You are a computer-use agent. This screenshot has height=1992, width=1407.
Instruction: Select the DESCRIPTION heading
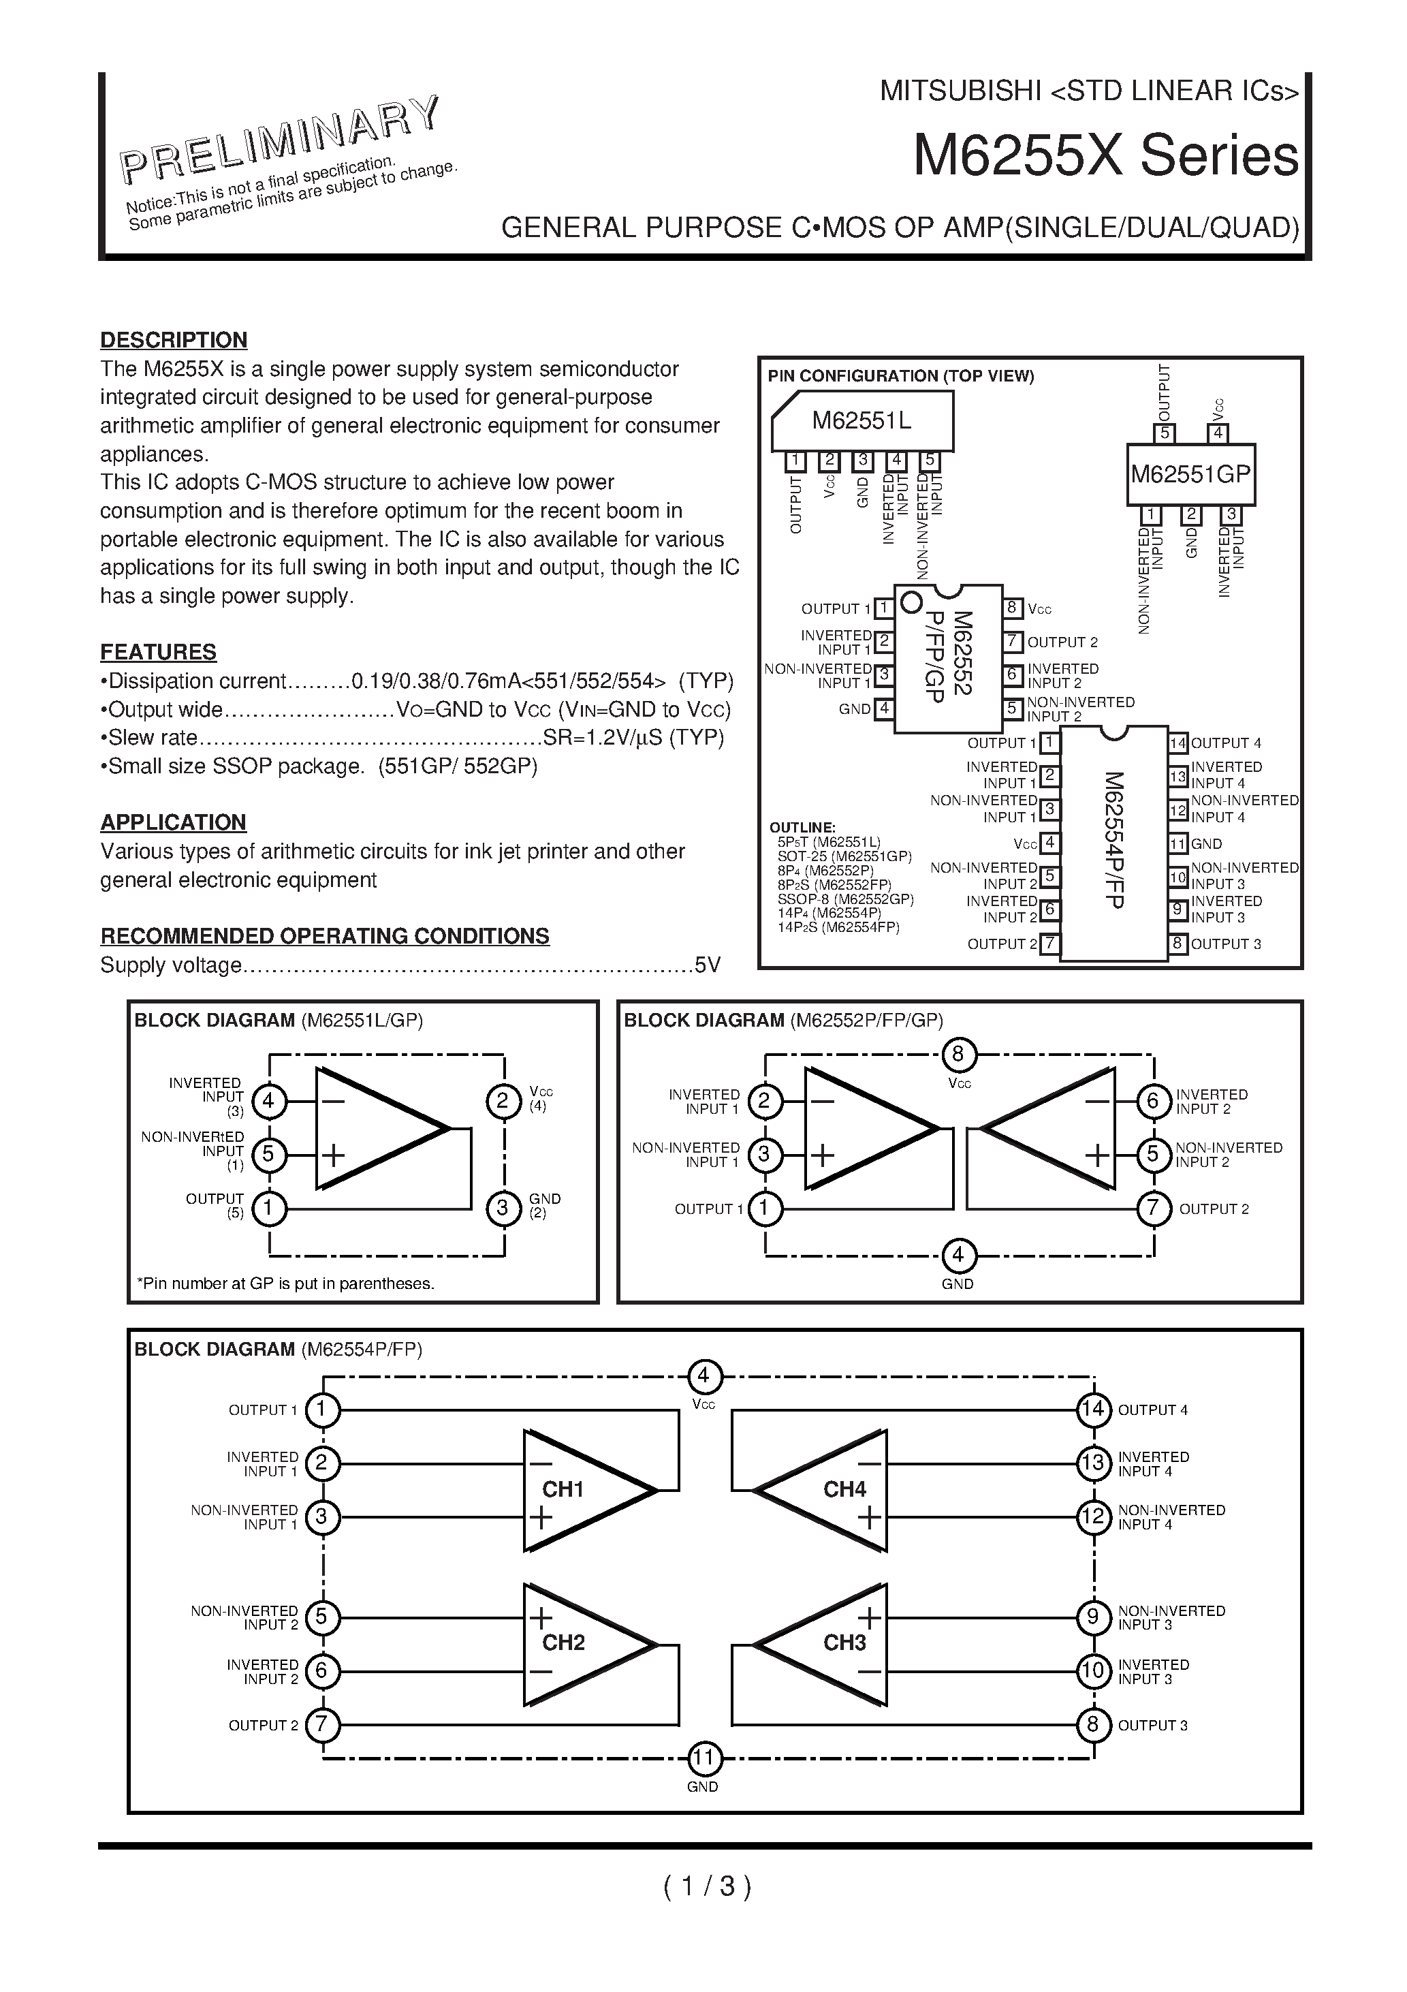[x=174, y=339]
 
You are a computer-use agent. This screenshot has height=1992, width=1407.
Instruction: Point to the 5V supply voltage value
[x=707, y=965]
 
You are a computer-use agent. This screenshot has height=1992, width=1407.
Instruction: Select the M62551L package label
[x=861, y=421]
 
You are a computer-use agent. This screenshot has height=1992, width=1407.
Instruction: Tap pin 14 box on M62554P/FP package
[x=1177, y=743]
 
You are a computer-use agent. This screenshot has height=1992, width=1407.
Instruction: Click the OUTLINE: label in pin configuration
[x=802, y=827]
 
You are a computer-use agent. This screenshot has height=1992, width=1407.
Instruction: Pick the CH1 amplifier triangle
[x=581, y=1490]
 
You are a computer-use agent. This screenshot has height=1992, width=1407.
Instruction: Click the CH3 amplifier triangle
[x=828, y=1643]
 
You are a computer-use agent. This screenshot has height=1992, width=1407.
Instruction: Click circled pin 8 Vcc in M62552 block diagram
[x=958, y=1055]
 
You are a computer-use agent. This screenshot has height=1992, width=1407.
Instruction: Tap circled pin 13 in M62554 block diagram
[x=1093, y=1463]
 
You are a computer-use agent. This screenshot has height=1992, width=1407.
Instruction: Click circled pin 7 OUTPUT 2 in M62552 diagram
[x=1153, y=1209]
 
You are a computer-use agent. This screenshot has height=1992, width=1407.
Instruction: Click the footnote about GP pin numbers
[x=285, y=1283]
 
